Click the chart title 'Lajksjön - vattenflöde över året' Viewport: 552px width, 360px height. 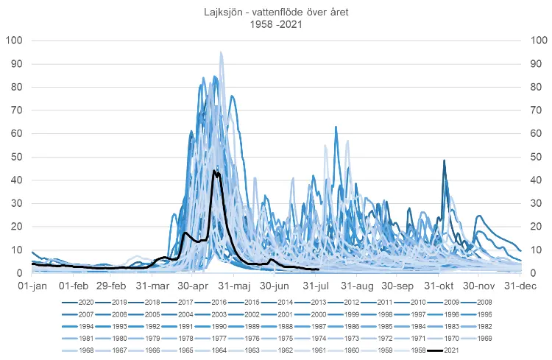[x=276, y=13]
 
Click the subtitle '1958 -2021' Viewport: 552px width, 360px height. [x=276, y=24]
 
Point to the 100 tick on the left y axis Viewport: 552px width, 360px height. [x=15, y=40]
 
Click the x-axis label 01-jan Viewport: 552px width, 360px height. [x=32, y=285]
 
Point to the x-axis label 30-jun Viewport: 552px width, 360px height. [x=275, y=285]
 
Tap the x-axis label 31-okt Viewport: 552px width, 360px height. [x=440, y=285]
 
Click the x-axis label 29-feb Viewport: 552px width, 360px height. [x=113, y=285]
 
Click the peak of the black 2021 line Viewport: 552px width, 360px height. [x=215, y=171]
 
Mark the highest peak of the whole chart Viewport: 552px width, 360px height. [x=221, y=52]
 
